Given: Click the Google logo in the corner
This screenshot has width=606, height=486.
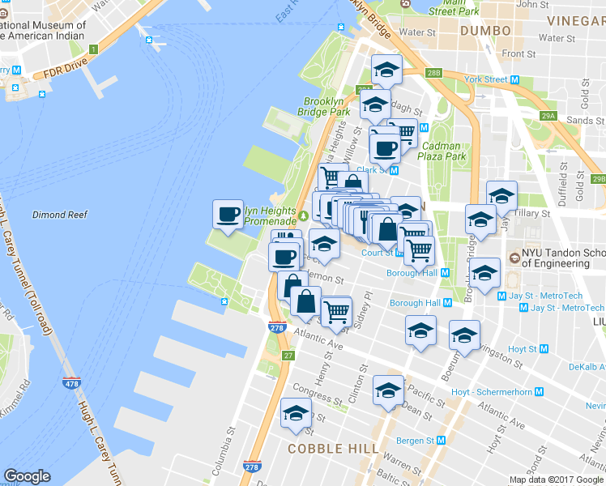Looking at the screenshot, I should [x=27, y=476].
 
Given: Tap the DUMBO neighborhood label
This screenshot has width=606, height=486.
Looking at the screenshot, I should [x=485, y=30].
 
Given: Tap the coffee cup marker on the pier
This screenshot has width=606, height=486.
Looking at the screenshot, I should [x=228, y=215].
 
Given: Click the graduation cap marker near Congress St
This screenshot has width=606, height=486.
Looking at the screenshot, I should [x=296, y=414].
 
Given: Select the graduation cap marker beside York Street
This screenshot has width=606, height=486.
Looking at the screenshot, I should [x=386, y=70].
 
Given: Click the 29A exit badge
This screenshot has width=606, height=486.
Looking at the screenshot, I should [x=548, y=117].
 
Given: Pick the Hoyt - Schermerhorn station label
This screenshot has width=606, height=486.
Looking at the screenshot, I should [x=492, y=392].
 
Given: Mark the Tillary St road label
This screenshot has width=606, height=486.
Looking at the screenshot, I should [x=534, y=214].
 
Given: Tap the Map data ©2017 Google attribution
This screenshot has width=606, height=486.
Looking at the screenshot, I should [x=557, y=480].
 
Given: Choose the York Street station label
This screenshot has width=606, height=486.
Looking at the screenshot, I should [x=486, y=79].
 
